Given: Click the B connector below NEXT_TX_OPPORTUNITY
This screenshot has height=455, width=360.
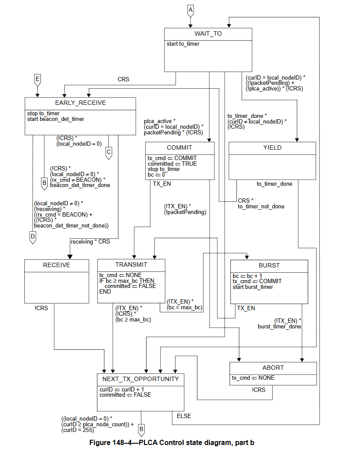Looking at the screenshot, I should (x=141, y=430).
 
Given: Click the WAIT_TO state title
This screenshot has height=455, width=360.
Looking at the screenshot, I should (x=208, y=33).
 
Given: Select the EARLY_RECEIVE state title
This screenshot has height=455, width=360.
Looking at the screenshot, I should (x=80, y=103).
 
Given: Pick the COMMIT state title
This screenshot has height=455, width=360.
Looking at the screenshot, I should (x=179, y=148).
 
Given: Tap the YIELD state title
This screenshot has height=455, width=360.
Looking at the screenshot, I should (x=272, y=148).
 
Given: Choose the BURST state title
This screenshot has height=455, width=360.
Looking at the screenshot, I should (x=269, y=265).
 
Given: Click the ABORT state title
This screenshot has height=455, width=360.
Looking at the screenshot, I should (x=273, y=368).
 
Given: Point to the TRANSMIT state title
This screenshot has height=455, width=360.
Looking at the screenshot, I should (x=131, y=264).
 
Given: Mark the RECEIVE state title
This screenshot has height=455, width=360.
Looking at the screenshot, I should (x=57, y=264).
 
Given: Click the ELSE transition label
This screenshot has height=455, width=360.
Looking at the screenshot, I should (x=184, y=416).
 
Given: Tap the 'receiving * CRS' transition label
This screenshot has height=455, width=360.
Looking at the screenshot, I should (x=90, y=241).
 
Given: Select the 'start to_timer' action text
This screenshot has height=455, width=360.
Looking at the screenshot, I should (x=183, y=44).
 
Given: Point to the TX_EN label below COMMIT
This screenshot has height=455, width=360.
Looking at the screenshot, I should (x=162, y=184).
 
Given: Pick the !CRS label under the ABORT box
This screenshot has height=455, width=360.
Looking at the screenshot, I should (x=258, y=390).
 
